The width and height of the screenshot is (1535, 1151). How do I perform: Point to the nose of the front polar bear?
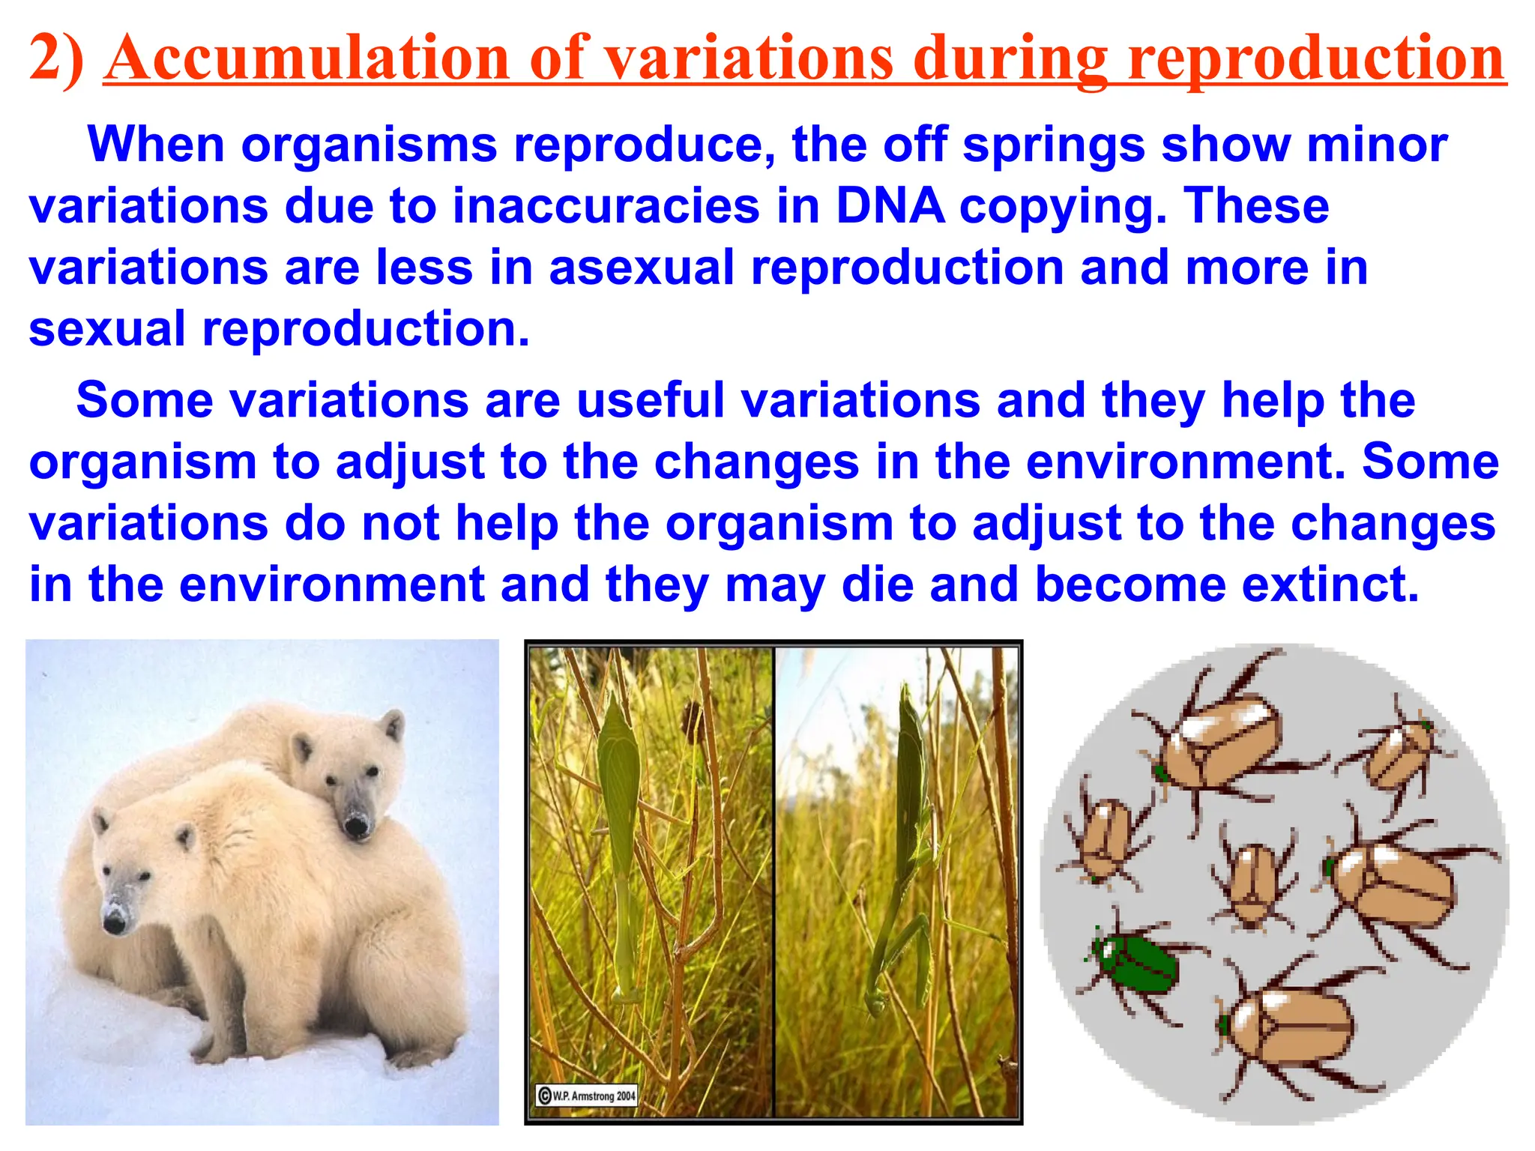[x=114, y=923]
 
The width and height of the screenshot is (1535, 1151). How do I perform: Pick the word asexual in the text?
[x=642, y=268]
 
